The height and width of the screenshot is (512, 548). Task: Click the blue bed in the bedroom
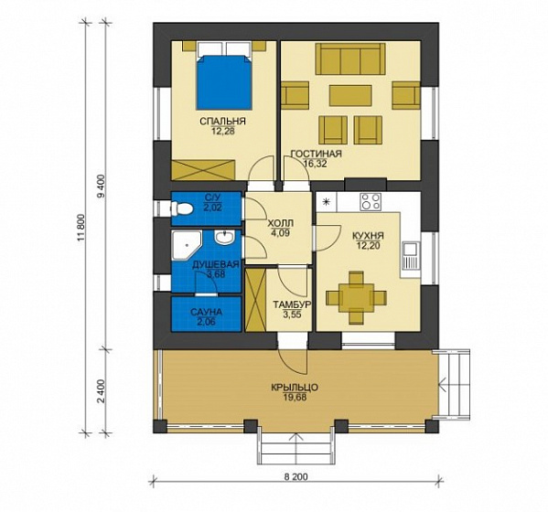[224, 81]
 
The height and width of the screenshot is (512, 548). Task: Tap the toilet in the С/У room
[182, 208]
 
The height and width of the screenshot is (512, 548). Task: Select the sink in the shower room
[225, 238]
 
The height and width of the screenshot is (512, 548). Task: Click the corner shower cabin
[187, 246]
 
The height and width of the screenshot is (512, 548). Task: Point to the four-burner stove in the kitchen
[371, 201]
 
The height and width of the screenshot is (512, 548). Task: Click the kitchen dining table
[356, 297]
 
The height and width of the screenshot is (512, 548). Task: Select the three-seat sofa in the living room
[350, 59]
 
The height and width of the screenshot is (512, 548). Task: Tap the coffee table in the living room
[350, 95]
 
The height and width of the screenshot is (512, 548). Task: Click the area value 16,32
[316, 164]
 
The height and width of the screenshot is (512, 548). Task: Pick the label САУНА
[206, 312]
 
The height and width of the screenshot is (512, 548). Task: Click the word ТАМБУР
[292, 304]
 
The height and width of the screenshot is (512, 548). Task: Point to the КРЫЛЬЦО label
[295, 388]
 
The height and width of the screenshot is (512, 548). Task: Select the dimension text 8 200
[296, 476]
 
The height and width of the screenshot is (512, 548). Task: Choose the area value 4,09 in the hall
[280, 233]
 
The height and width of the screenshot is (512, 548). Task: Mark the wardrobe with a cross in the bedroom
[203, 169]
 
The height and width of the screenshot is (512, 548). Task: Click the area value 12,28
[222, 131]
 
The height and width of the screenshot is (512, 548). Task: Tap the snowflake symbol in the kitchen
[326, 201]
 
